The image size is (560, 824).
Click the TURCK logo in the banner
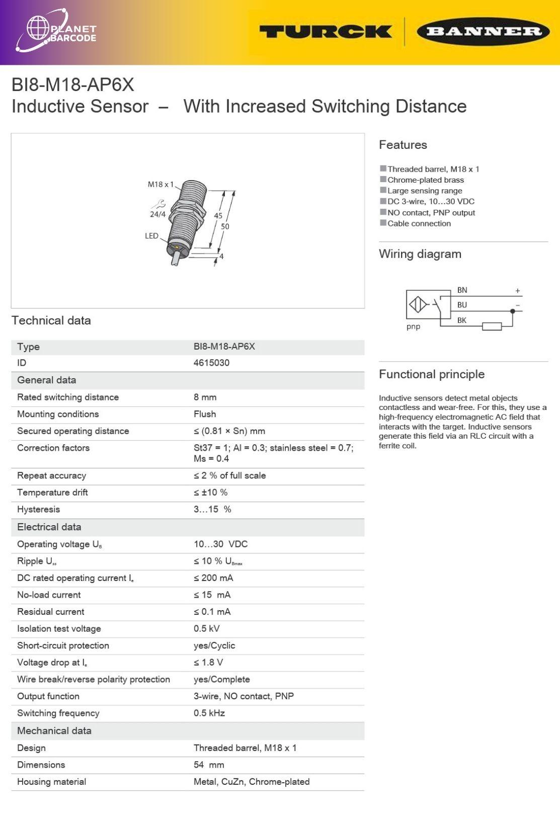pos(326,32)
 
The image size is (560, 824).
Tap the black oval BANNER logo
pos(483,32)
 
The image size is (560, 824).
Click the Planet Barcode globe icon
pos(38,28)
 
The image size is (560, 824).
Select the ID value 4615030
pos(211,363)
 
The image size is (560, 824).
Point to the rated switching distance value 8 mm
pos(205,397)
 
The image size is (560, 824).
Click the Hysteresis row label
pos(38,509)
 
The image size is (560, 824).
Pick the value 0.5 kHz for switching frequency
pos(209,713)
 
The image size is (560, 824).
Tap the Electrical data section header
pos(49,527)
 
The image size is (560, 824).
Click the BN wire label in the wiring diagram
pos(462,290)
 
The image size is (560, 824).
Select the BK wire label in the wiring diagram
pos(461,320)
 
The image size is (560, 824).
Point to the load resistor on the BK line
pos(492,326)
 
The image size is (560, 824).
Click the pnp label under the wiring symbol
pos(413,326)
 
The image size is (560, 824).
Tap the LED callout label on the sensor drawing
pos(151,235)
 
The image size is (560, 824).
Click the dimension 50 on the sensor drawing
pos(225,226)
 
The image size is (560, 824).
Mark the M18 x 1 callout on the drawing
pos(160,184)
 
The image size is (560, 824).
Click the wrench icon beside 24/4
pos(158,204)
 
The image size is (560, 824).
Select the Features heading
pos(403,145)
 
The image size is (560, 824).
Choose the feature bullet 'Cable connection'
pos(419,223)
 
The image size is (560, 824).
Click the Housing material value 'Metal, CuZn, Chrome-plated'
pos(252,781)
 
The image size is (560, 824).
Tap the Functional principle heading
pos(431,374)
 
